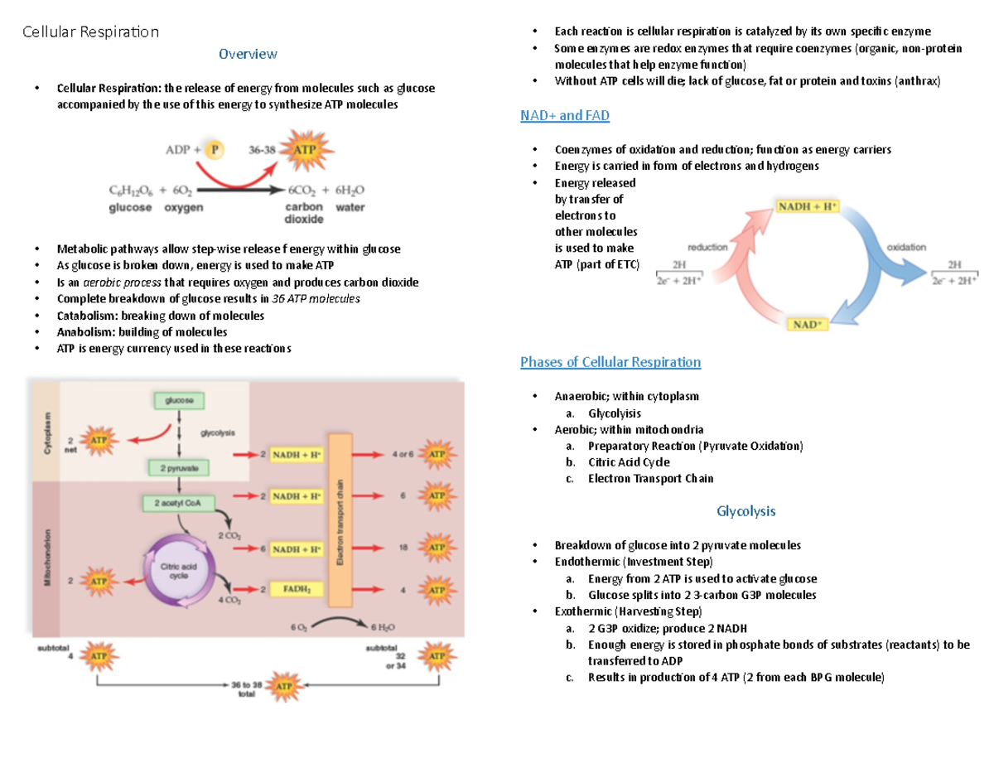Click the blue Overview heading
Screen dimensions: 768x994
[248, 55]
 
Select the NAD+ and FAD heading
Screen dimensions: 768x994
[564, 116]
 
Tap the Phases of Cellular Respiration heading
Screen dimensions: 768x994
[610, 362]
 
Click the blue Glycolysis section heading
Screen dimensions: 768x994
[745, 511]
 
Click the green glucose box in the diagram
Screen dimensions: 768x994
[177, 400]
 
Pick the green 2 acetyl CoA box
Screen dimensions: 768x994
[178, 503]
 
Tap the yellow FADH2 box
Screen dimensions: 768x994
[297, 590]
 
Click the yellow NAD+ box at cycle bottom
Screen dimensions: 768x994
[808, 325]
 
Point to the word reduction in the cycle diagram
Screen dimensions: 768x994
[707, 247]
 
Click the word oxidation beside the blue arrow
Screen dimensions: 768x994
[906, 247]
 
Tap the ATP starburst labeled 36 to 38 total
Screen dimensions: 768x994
[286, 687]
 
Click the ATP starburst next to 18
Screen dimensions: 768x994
[437, 548]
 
